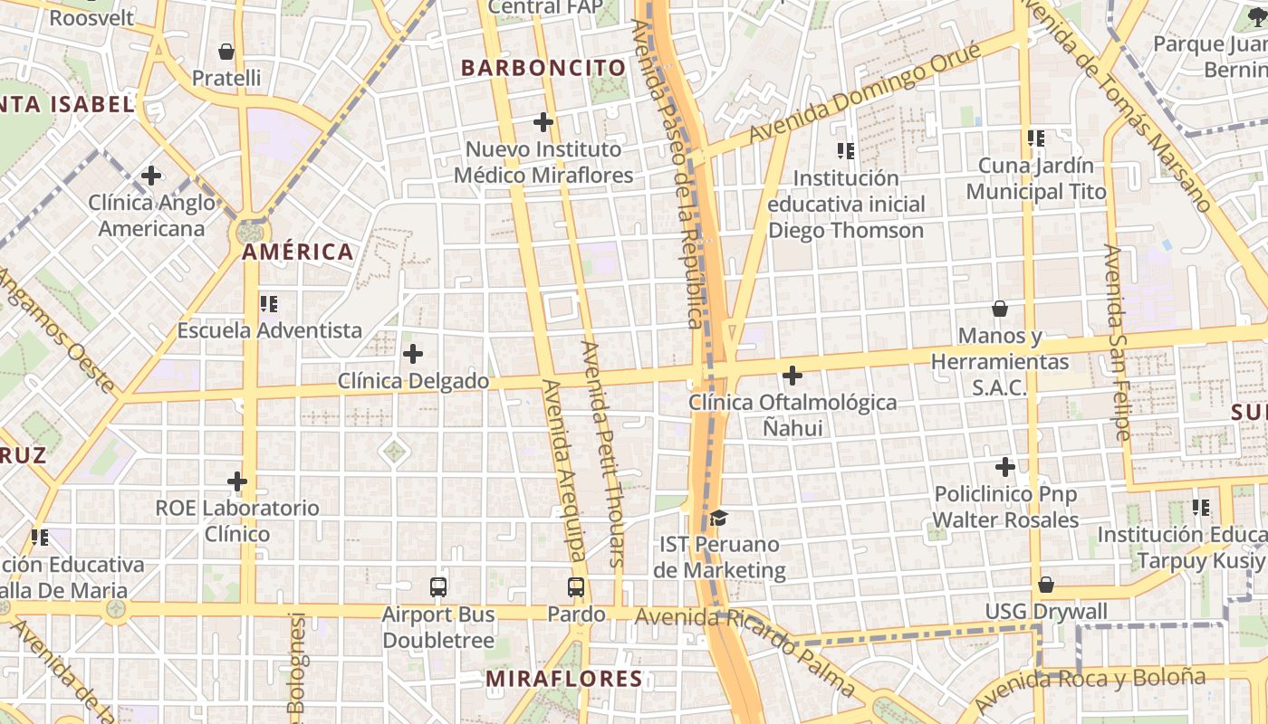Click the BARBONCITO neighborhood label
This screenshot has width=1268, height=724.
(543, 68)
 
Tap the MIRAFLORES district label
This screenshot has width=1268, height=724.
(563, 679)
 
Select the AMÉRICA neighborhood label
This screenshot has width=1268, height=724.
(297, 252)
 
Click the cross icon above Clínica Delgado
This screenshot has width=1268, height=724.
(413, 354)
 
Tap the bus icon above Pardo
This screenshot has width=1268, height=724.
(576, 587)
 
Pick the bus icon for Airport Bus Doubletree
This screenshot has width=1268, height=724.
(438, 587)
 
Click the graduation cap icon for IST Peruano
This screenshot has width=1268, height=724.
(718, 518)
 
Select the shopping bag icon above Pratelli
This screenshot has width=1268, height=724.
(226, 52)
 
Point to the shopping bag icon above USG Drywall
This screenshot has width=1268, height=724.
(1046, 585)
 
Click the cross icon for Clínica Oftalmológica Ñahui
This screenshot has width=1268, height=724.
(792, 375)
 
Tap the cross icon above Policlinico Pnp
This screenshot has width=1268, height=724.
(1005, 467)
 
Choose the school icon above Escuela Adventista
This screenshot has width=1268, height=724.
(269, 304)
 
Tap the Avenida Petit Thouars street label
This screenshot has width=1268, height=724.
(603, 452)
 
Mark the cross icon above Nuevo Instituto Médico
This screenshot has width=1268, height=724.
(543, 121)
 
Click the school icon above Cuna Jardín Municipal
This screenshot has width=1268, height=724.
(1036, 138)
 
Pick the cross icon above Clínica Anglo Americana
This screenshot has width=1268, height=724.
(151, 175)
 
